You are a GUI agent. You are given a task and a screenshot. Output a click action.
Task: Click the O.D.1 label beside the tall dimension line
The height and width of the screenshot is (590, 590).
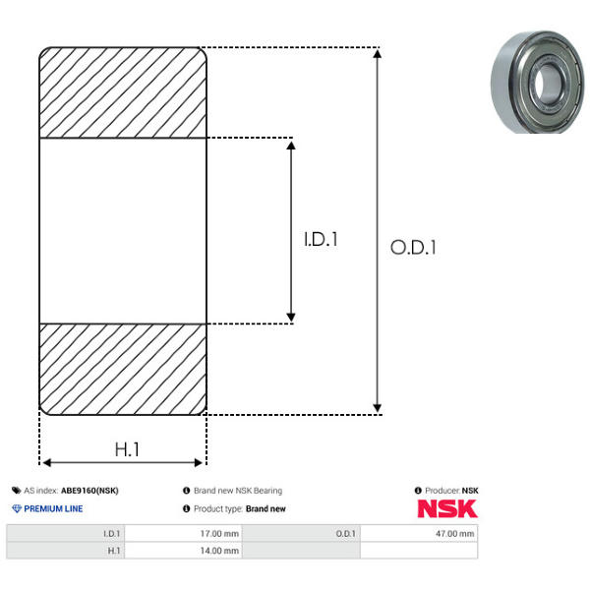click(x=413, y=248)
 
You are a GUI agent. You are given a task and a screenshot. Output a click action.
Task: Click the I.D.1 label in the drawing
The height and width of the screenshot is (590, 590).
click(x=321, y=239)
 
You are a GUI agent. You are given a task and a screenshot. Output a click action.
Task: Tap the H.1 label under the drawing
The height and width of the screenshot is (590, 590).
click(x=127, y=449)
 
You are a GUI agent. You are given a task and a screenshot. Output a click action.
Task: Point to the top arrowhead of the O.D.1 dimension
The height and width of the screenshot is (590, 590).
click(x=377, y=54)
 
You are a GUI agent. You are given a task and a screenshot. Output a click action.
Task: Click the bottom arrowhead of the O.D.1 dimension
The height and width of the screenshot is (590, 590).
click(x=377, y=408)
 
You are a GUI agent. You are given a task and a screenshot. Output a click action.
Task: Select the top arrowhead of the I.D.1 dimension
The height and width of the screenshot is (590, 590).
click(x=291, y=146)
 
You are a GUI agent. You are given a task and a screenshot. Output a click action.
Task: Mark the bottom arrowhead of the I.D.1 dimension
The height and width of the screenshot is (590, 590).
click(x=291, y=318)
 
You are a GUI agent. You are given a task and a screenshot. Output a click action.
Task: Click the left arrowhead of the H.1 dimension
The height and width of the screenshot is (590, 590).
click(x=46, y=462)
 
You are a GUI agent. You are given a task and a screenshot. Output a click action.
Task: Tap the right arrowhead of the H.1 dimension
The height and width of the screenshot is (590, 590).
click(x=199, y=462)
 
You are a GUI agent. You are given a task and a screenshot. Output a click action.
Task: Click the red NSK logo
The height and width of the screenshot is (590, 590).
click(x=447, y=508)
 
